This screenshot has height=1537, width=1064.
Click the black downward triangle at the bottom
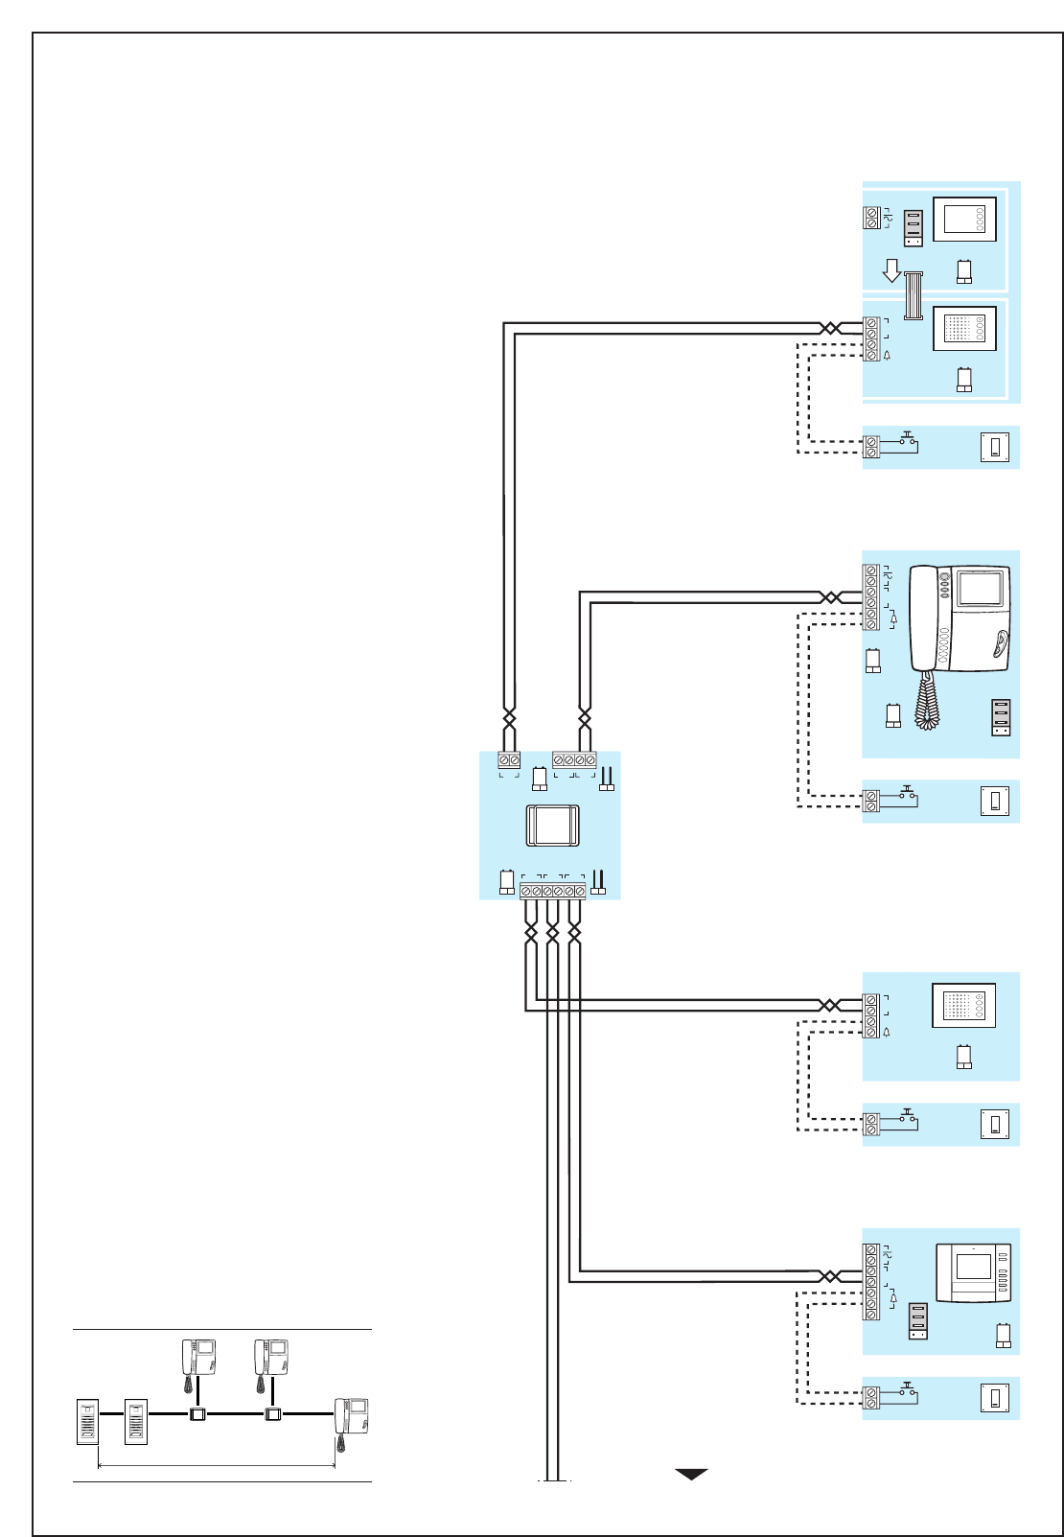(x=691, y=1474)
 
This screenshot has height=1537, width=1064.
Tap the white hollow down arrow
(x=891, y=270)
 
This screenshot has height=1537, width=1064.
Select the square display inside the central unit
(x=552, y=826)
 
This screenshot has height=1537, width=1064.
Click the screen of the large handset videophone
(x=980, y=587)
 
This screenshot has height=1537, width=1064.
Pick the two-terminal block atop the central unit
(x=509, y=759)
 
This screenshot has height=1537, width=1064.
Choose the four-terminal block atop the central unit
(x=574, y=759)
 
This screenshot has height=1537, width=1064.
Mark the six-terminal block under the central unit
(x=552, y=891)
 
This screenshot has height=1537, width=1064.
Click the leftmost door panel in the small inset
(x=87, y=1422)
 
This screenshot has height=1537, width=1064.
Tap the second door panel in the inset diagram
(x=136, y=1422)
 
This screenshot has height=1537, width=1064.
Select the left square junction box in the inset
(x=197, y=1413)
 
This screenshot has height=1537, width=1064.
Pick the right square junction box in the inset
(x=273, y=1413)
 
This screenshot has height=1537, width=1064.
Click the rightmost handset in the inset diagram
(x=351, y=1416)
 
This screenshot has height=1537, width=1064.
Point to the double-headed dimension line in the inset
(x=217, y=1465)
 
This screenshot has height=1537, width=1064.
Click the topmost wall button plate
(x=995, y=447)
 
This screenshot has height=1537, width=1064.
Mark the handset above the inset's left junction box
(x=198, y=1358)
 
